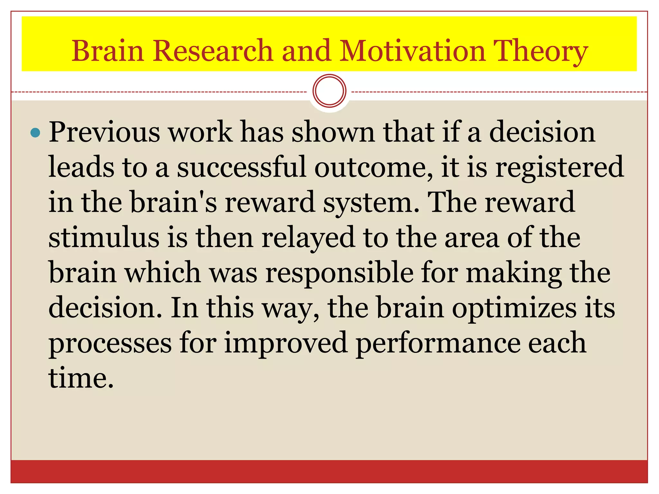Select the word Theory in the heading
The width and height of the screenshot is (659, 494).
541,51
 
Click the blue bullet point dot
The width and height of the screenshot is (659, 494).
35,133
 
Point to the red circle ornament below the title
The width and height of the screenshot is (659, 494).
329,91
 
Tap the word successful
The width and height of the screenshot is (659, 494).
241,167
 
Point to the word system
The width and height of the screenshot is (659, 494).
372,203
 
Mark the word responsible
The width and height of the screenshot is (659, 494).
339,273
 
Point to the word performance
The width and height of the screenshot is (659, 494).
438,344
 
